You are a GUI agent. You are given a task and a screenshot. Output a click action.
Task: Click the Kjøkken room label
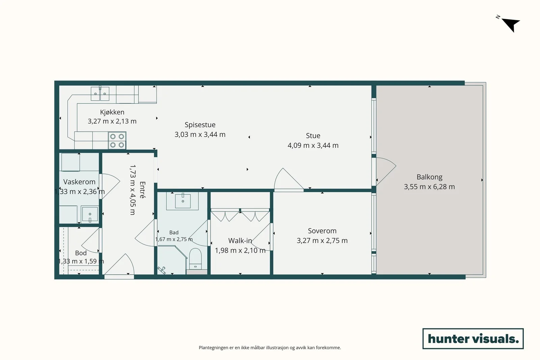tap(112, 112)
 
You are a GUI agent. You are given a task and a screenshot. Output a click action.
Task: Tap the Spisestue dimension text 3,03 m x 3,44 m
tap(200, 135)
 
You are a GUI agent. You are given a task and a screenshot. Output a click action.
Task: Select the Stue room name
tap(313, 136)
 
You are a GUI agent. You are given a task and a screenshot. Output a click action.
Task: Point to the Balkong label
tap(429, 177)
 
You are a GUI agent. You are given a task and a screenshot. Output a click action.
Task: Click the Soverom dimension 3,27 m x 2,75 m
tap(322, 241)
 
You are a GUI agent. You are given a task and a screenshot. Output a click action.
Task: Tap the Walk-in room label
tap(240, 241)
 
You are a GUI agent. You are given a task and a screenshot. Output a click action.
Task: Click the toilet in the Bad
tap(195, 259)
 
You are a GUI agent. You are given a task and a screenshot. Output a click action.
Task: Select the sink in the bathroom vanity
tap(183, 200)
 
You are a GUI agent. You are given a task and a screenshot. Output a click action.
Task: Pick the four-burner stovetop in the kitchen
tap(117, 140)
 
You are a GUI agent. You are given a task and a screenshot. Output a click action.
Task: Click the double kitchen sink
tap(100, 93)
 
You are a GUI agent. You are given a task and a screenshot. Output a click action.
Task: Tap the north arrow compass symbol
tap(510, 24)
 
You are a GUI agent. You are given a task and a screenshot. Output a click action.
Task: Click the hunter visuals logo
tap(473, 338)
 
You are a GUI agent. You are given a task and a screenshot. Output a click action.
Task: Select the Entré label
tap(142, 190)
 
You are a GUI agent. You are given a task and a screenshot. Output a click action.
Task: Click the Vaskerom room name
tap(79, 182)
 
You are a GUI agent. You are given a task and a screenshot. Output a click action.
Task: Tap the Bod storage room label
tap(81, 253)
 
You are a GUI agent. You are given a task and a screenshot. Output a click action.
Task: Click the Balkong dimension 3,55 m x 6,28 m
tap(429, 187)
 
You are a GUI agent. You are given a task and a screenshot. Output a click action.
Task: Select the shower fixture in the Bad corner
tap(162, 270)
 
